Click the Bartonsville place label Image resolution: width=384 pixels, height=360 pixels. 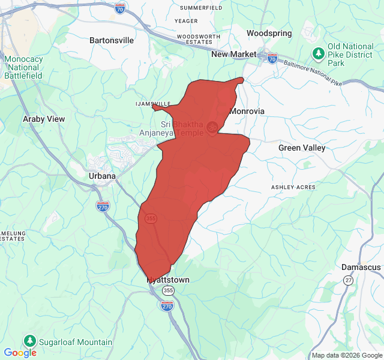(112, 40)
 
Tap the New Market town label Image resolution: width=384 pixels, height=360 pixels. (234, 55)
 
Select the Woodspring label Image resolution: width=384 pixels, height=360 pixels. (269, 34)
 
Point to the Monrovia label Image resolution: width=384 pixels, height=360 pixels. (247, 111)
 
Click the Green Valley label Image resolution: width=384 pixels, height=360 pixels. (302, 148)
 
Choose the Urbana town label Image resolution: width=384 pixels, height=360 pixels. (102, 176)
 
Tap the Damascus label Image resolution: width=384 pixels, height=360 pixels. (361, 267)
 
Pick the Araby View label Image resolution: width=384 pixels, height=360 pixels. (44, 119)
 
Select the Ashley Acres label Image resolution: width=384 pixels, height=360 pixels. (293, 187)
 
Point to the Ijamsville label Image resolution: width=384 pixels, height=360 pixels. (154, 103)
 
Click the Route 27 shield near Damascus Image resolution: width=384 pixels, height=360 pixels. (348, 280)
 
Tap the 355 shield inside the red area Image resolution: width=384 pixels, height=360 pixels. (151, 218)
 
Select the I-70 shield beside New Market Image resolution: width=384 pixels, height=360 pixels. (272, 58)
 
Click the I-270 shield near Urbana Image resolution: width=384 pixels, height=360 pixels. (103, 206)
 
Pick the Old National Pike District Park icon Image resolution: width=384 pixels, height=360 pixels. (317, 53)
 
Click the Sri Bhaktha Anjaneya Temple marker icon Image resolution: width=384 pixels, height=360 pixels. (212, 127)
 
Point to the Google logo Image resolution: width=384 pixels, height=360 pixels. (20, 353)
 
